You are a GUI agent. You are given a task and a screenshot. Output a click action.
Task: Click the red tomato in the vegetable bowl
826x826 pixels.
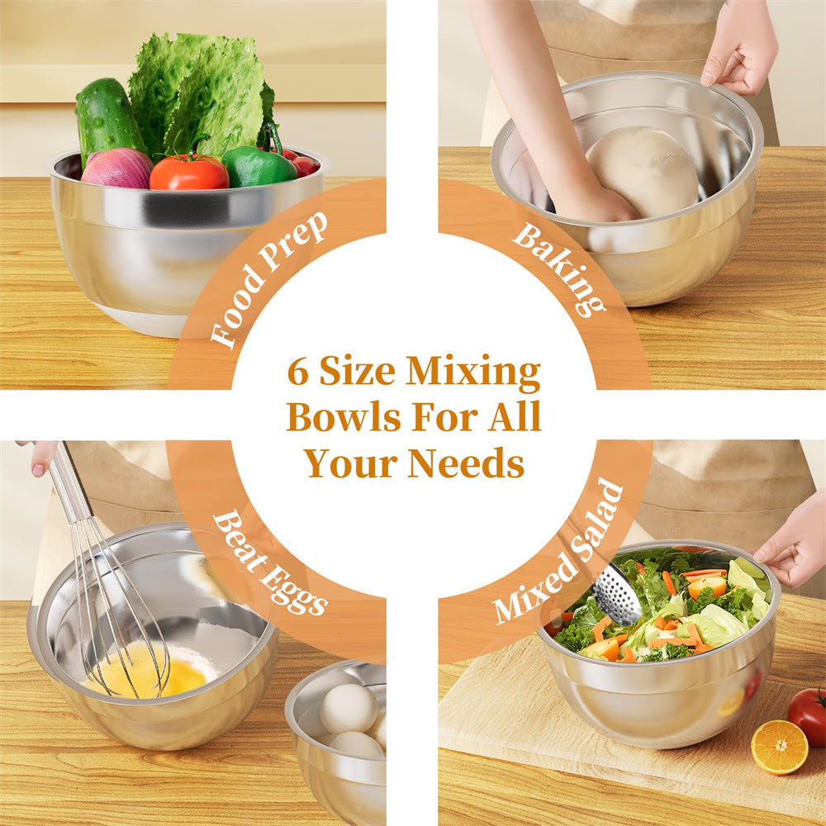[189, 172]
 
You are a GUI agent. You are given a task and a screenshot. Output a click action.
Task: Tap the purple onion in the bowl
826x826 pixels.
[117, 169]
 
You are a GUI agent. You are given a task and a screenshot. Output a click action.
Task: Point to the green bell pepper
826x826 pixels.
[258, 167]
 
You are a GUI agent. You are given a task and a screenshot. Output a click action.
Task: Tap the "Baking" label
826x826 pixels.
[554, 268]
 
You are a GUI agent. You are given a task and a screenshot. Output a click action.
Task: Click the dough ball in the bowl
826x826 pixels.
[643, 171]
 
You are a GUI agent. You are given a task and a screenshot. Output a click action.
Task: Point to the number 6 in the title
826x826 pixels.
[296, 373]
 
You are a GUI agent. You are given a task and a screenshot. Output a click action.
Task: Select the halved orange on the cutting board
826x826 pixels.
[779, 747]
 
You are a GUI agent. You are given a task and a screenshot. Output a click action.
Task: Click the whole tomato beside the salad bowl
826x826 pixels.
[808, 715]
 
